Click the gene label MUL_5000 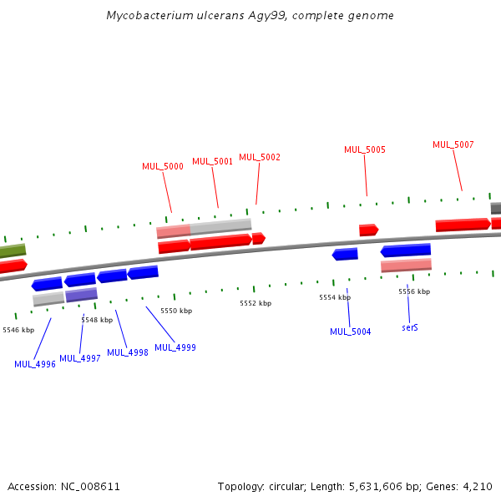[163, 167]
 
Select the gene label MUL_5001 [213, 162]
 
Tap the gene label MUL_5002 [260, 157]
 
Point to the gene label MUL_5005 [365, 150]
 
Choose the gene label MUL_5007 [453, 145]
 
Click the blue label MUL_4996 [35, 364]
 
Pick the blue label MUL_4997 [80, 359]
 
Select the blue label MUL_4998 [128, 353]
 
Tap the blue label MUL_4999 [175, 347]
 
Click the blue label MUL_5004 [351, 332]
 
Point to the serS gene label [410, 327]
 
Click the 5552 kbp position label [256, 303]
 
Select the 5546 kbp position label [18, 330]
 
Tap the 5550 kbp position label [176, 311]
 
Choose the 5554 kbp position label [335, 297]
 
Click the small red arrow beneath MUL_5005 [368, 230]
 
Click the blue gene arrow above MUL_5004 [345, 254]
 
